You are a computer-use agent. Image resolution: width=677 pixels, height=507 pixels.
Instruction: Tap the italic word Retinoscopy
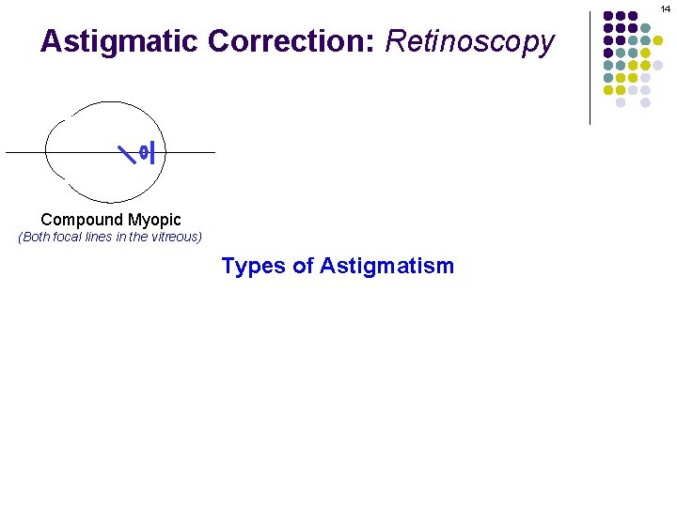pyautogui.click(x=470, y=42)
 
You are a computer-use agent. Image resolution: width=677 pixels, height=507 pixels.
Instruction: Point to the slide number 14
pyautogui.click(x=666, y=8)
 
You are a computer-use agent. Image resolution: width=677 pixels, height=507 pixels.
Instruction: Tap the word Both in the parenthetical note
pyautogui.click(x=39, y=237)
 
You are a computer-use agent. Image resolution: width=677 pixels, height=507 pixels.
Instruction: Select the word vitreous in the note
pyautogui.click(x=172, y=237)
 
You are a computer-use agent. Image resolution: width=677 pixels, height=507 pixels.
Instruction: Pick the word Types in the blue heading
pyautogui.click(x=253, y=267)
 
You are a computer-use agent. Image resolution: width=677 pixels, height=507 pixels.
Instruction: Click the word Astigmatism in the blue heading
pyautogui.click(x=386, y=267)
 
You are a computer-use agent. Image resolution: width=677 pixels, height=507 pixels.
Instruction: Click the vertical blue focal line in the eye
pyautogui.click(x=152, y=151)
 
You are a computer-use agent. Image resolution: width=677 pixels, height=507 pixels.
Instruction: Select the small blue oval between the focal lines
pyautogui.click(x=143, y=151)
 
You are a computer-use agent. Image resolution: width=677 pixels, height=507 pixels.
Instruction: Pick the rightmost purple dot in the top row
pyautogui.click(x=633, y=16)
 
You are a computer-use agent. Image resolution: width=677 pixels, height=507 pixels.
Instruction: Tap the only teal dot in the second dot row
pyautogui.click(x=645, y=28)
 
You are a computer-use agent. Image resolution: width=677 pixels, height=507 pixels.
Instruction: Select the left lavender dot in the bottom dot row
pyautogui.click(x=621, y=102)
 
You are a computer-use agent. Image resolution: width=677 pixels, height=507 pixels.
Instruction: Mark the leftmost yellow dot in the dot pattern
pyautogui.click(x=608, y=90)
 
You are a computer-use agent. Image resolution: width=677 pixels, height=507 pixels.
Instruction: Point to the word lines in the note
pyautogui.click(x=109, y=237)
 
